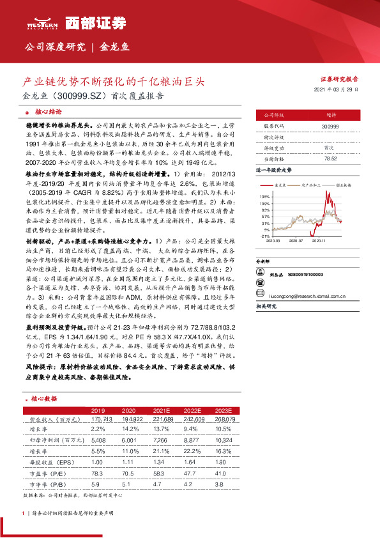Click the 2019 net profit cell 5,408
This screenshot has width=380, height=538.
click(x=98, y=440)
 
